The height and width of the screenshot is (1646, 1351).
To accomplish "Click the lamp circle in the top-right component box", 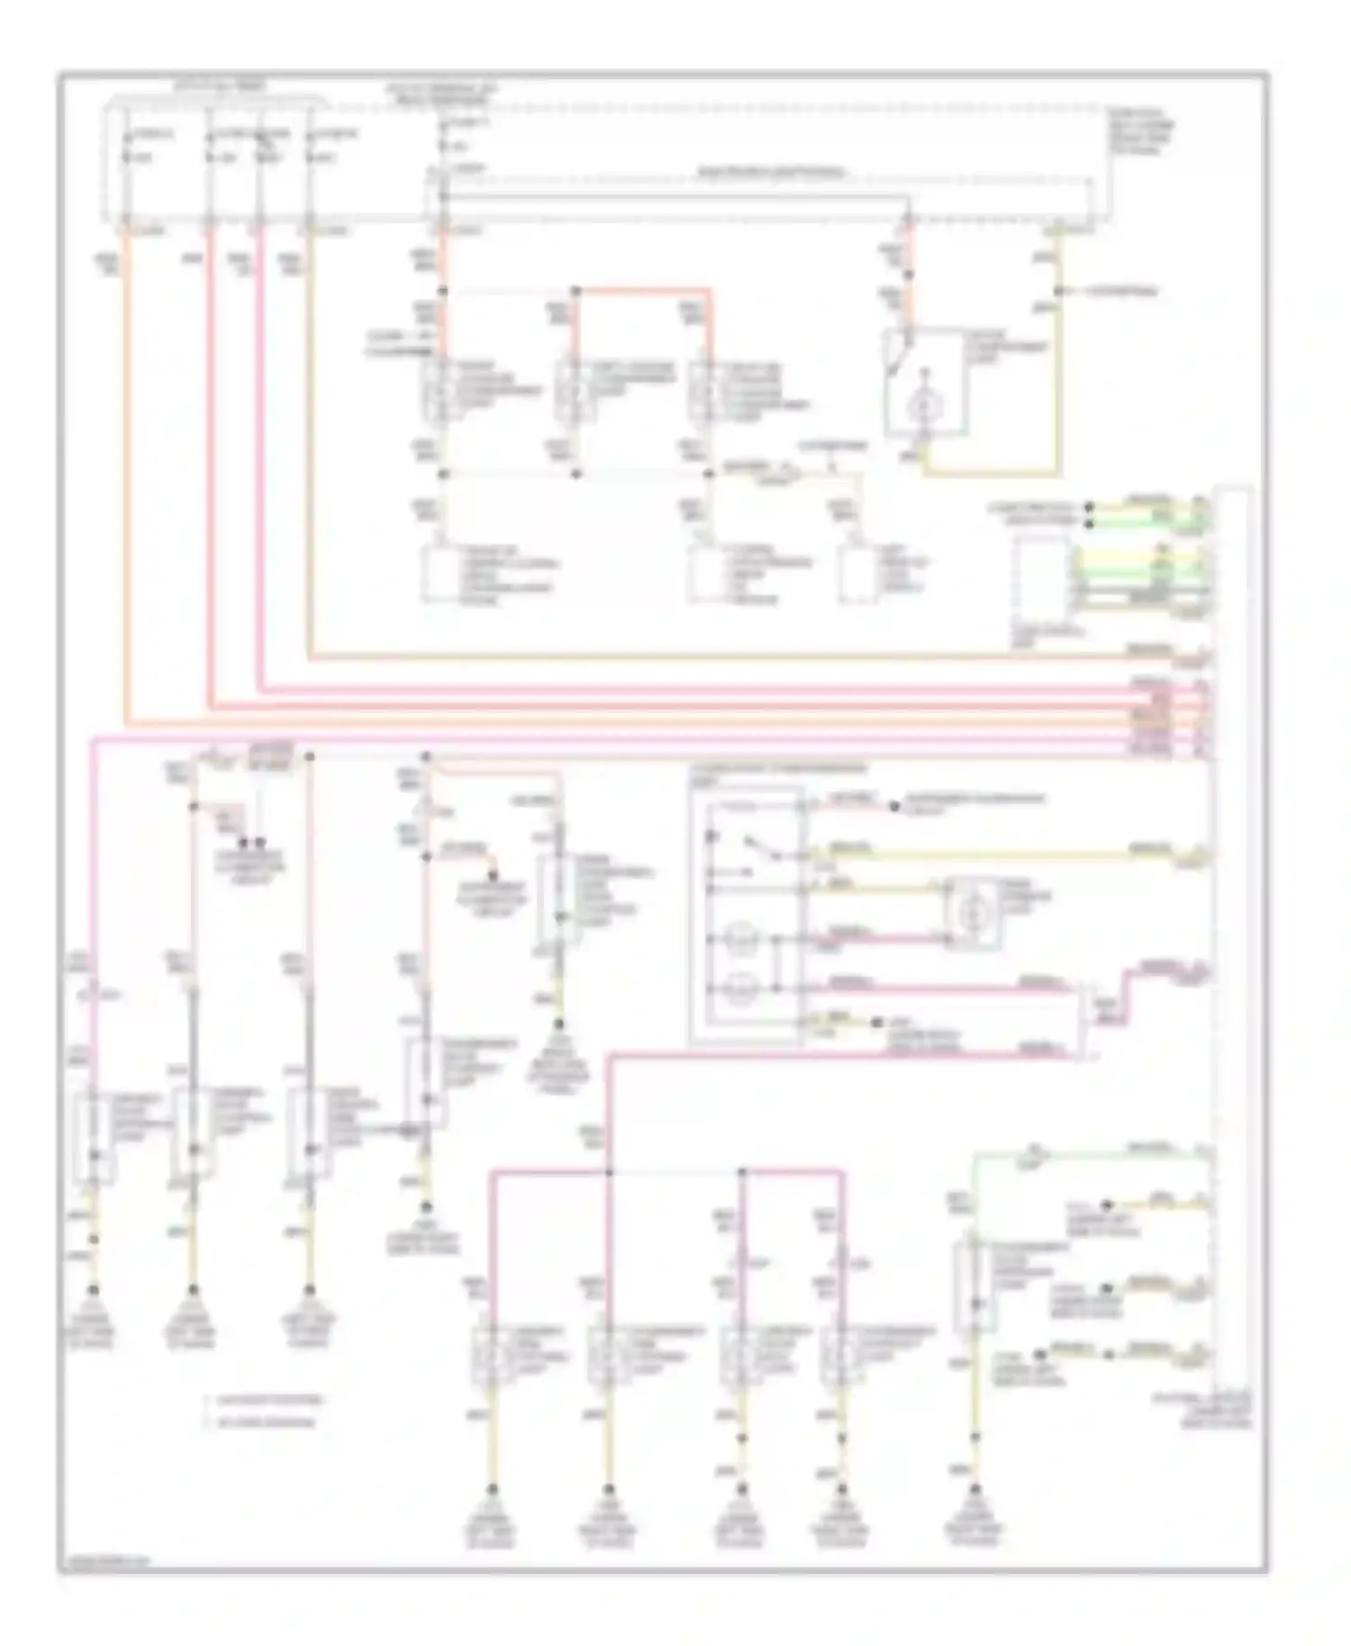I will [x=920, y=408].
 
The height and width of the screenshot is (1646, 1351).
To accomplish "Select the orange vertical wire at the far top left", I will [x=127, y=468].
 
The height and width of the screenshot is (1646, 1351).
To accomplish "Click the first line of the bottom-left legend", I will [x=261, y=1401].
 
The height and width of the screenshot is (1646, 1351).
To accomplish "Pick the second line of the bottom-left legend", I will [x=261, y=1423].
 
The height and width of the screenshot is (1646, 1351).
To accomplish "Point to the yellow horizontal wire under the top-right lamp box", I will [x=991, y=473].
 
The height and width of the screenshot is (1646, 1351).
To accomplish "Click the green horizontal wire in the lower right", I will [x=1081, y=1152].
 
